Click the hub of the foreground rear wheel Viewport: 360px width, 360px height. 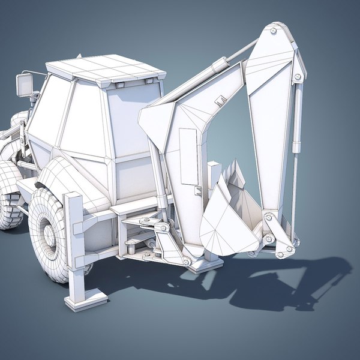[50, 238]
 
